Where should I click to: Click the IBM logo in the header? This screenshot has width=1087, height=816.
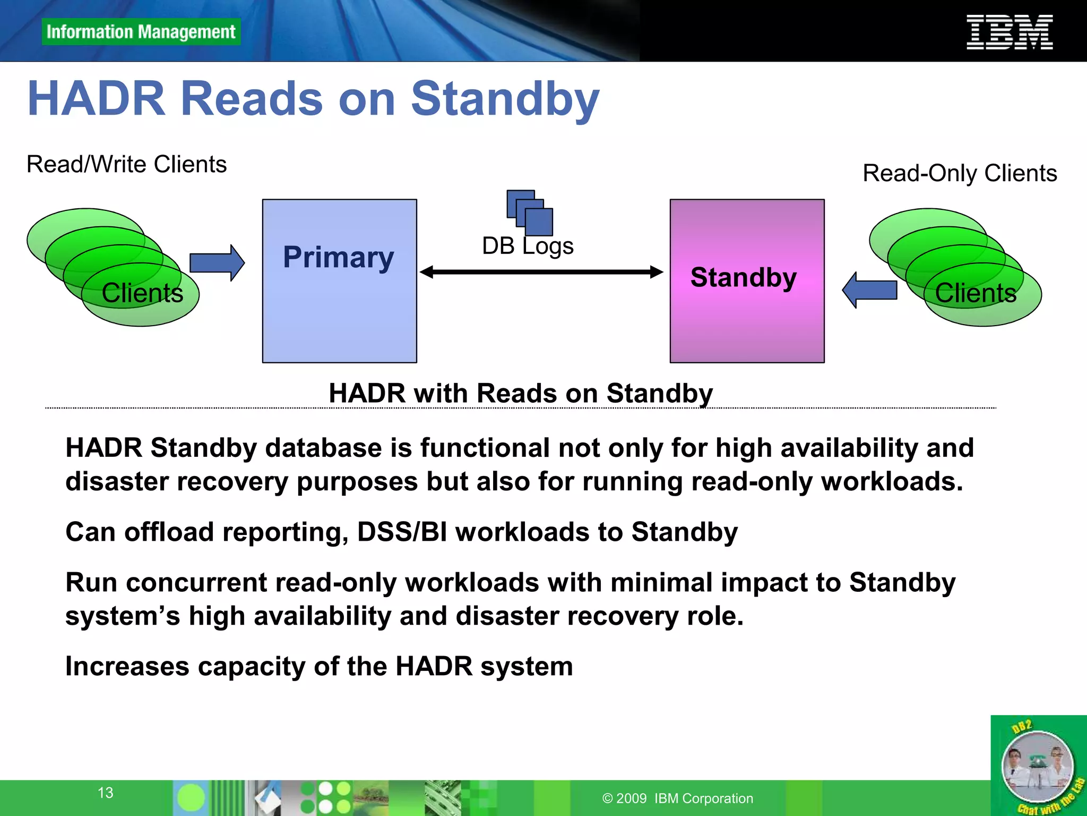(1009, 32)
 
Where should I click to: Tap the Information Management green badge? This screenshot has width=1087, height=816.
(141, 32)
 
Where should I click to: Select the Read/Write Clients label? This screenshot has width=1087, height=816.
(126, 164)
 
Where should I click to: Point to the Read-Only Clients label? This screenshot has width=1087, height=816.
(959, 173)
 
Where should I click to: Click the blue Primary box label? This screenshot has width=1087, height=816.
(338, 258)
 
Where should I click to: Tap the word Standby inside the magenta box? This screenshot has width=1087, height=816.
(743, 277)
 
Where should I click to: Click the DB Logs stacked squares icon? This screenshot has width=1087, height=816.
(530, 212)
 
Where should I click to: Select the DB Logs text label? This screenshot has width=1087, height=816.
(527, 246)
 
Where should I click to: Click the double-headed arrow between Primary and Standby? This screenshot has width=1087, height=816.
(541, 272)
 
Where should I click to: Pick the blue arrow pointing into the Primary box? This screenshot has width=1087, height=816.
(217, 262)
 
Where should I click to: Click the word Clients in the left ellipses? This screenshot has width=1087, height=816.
(142, 293)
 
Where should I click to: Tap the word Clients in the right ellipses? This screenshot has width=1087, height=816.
(975, 293)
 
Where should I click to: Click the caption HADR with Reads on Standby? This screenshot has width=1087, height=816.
(520, 393)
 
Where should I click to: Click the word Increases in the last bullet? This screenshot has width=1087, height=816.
(127, 666)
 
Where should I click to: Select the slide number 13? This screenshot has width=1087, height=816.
(105, 793)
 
